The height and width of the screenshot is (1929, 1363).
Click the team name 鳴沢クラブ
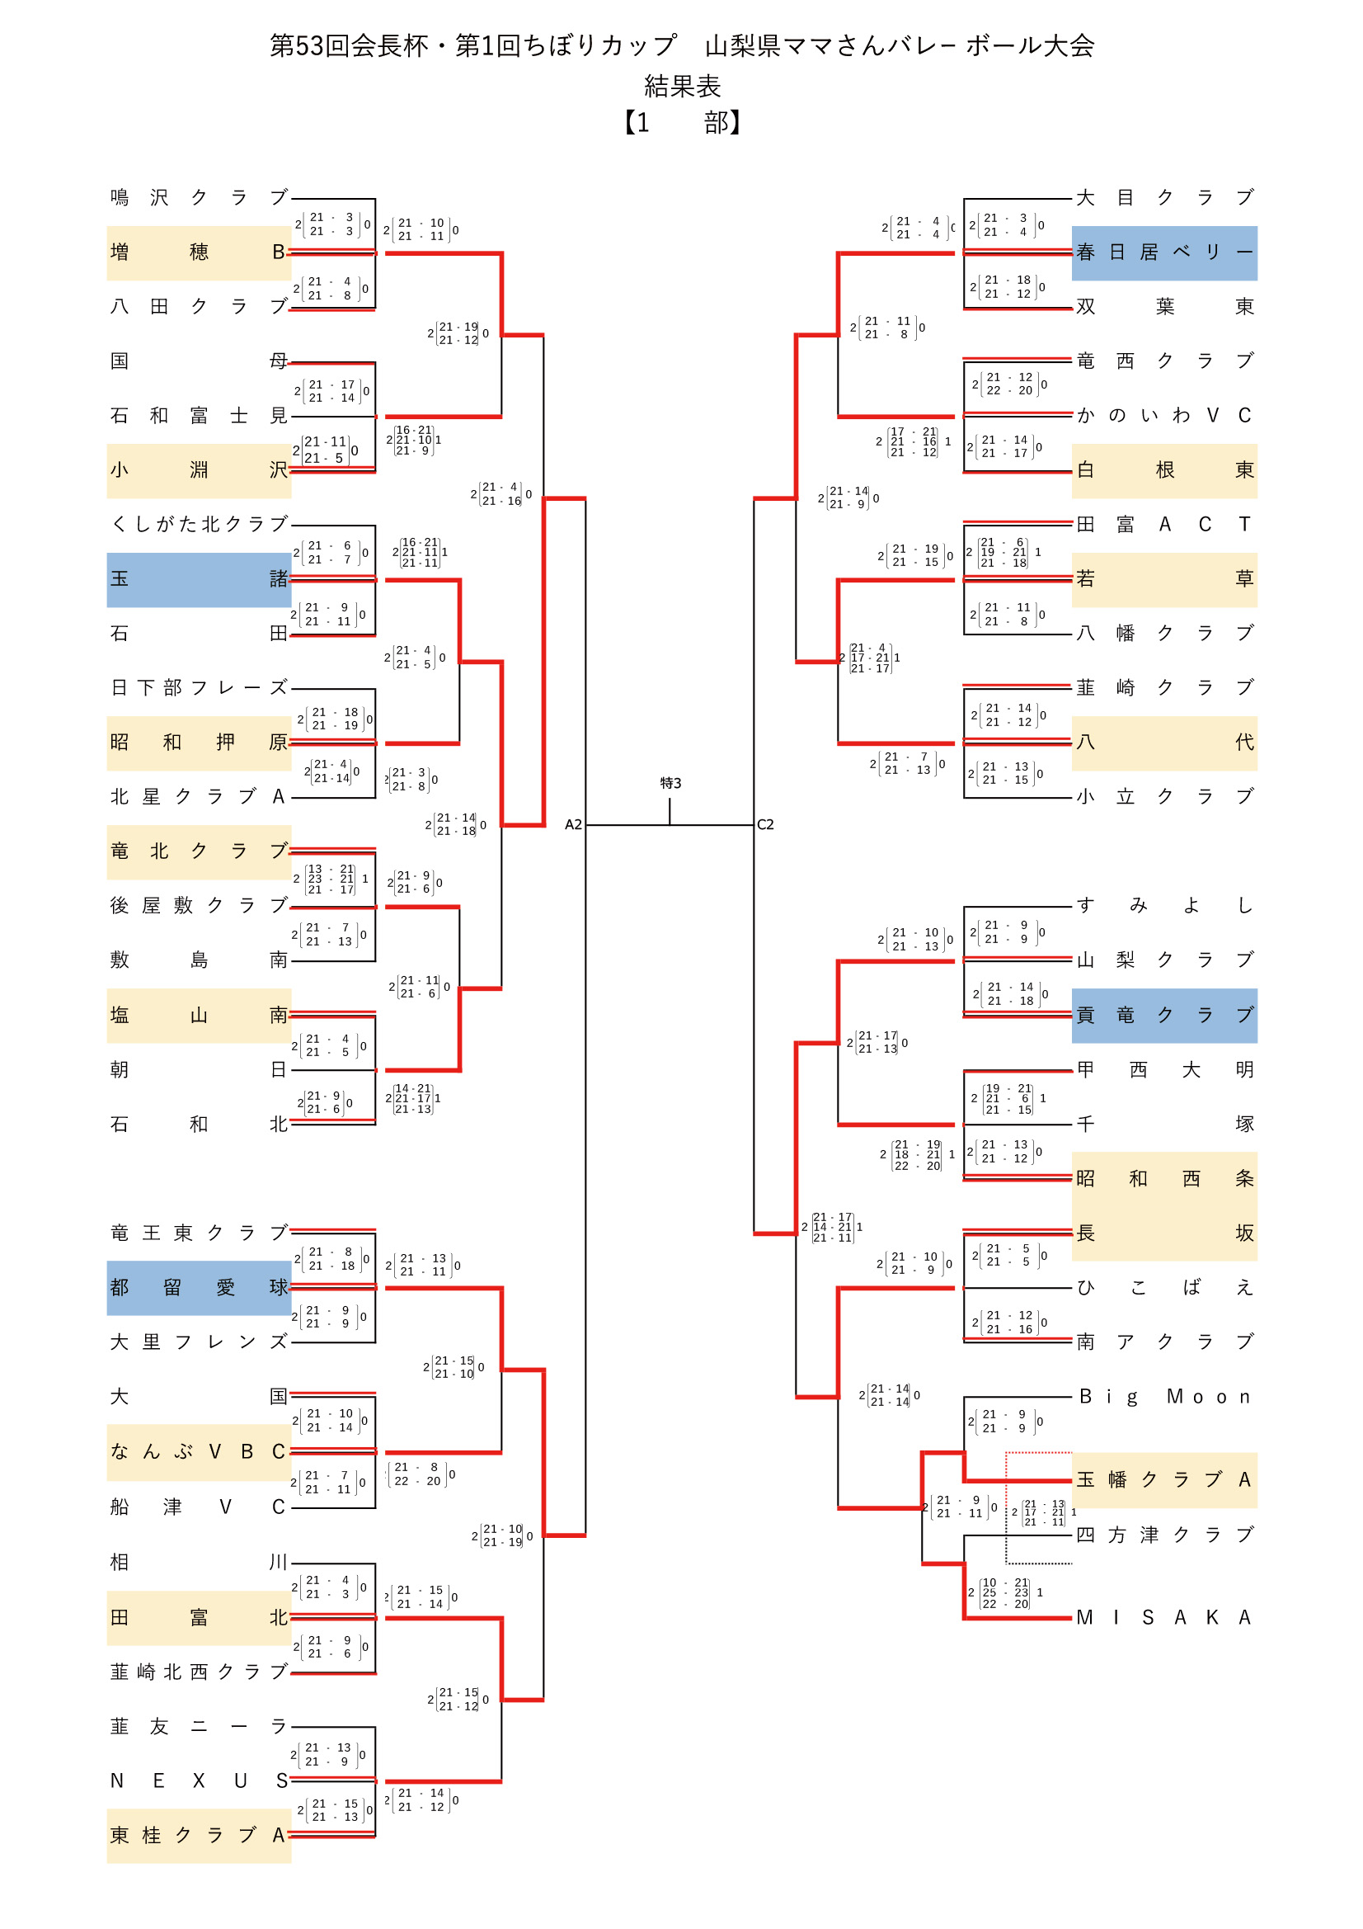[199, 197]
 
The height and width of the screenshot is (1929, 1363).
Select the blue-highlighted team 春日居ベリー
[1164, 252]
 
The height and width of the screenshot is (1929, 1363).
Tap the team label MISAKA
[1164, 1617]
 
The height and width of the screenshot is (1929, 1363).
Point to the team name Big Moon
[1164, 1397]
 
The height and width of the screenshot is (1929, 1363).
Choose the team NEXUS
[199, 1781]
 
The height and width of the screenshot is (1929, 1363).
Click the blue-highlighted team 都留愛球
[199, 1287]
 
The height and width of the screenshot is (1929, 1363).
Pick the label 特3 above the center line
[670, 783]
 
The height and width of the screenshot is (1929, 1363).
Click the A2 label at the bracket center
[573, 825]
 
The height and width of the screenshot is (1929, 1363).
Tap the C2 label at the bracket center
[765, 825]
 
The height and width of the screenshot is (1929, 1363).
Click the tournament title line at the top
[681, 45]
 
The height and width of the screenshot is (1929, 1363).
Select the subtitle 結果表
[681, 86]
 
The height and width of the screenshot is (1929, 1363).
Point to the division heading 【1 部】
[681, 123]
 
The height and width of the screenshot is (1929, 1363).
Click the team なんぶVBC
[199, 1452]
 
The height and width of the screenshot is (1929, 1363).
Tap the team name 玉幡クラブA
[1164, 1479]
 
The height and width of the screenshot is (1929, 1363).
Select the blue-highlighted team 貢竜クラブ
[1164, 1015]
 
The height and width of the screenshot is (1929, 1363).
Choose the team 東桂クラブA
[199, 1836]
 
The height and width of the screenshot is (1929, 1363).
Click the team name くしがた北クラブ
[199, 524]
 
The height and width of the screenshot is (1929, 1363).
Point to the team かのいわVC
[1164, 415]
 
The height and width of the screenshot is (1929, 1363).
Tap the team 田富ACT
[1164, 524]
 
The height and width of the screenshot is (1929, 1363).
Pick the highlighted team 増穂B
[199, 252]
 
